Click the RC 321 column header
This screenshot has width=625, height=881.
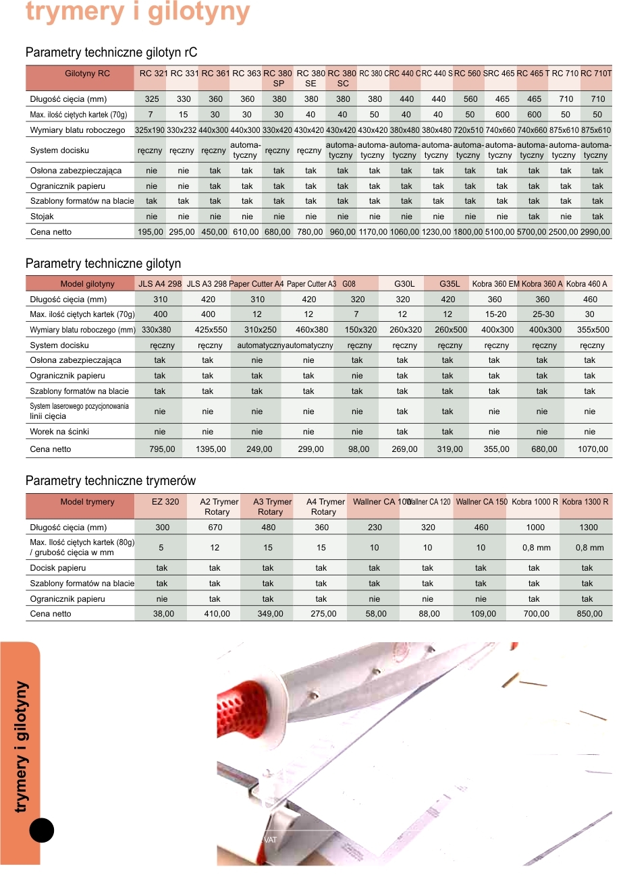coord(153,74)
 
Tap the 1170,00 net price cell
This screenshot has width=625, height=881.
coord(372,232)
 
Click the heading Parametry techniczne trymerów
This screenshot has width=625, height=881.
coord(111,481)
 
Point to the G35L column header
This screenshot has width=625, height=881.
coord(449,284)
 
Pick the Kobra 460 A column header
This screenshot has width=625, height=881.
coord(587,284)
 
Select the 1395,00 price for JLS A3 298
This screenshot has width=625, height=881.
coord(211,449)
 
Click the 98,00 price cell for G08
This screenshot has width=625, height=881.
coord(358,449)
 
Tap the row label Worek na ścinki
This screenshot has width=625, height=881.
coord(59,432)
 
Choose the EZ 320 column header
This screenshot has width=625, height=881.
coord(165,502)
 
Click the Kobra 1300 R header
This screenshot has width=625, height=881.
coord(585,502)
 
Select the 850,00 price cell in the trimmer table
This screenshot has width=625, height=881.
coord(589,614)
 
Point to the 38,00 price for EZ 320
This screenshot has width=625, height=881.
coord(163,614)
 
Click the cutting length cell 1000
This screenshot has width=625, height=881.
coord(535,528)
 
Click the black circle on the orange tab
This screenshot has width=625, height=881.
coord(42,830)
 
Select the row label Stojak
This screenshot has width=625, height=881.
coord(42,217)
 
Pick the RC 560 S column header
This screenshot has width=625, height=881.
coord(468,74)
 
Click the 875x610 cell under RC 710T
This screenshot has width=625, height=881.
coord(596,130)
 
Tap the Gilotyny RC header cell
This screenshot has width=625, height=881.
coord(87,74)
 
